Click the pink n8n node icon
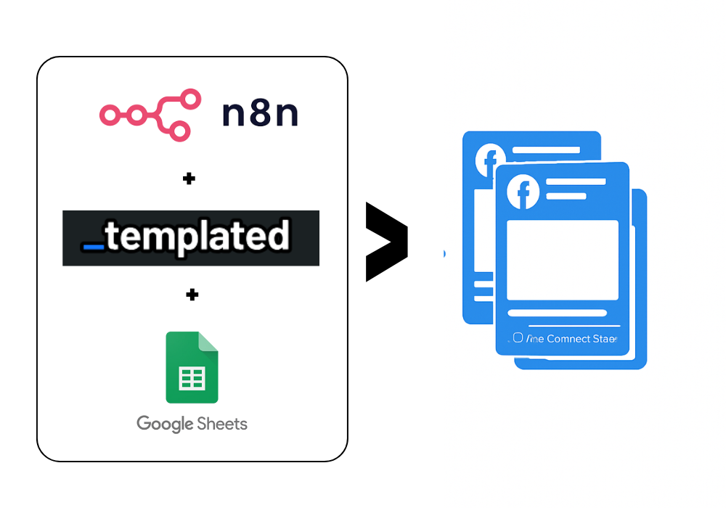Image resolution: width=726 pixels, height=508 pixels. tap(150, 115)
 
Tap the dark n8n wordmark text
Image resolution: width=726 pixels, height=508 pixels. tap(260, 114)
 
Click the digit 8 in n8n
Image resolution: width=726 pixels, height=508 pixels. tap(260, 114)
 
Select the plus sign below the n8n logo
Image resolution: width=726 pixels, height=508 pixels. tap(189, 179)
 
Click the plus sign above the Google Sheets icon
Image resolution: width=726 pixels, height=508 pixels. tap(192, 295)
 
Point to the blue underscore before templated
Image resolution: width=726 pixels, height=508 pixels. tap(94, 247)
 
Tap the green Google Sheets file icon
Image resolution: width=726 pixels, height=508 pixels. tap(192, 367)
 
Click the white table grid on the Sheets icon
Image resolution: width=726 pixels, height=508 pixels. tap(192, 378)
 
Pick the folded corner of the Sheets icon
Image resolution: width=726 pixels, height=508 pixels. tap(209, 341)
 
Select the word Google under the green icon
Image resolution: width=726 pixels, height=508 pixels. tap(165, 424)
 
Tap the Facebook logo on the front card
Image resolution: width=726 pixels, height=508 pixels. tap(523, 192)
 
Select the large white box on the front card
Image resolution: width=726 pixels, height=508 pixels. tap(563, 260)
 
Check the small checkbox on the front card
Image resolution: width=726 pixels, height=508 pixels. tap(518, 337)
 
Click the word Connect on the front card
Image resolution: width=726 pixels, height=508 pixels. tap(569, 339)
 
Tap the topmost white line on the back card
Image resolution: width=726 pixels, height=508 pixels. tap(546, 150)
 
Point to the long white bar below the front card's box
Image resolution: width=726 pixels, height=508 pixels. tap(557, 314)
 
